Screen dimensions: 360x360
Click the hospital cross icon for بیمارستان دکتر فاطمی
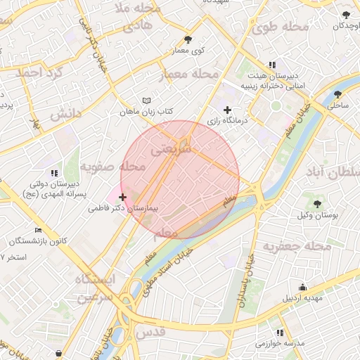123,198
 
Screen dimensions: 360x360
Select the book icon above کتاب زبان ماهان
146,101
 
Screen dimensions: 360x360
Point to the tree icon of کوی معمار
187,39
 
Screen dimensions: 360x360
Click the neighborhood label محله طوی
280,27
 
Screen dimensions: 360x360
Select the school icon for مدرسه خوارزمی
280,332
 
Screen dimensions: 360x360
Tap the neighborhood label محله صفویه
112,167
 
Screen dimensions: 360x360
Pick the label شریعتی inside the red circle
171,149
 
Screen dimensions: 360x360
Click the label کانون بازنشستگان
38,241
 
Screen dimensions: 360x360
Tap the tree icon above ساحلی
337,94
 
